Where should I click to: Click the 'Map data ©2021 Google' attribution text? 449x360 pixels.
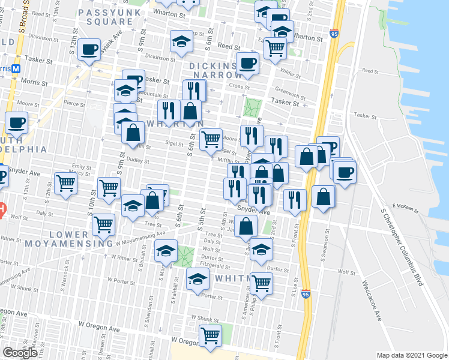click(411, 355)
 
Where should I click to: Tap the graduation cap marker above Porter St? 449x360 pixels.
click(197, 280)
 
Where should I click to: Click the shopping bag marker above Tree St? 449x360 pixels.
click(246, 226)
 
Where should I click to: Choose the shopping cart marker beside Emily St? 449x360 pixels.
click(65, 183)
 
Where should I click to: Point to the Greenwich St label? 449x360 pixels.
click(286, 92)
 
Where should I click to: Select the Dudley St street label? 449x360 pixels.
click(137, 161)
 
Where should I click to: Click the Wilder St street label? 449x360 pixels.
click(290, 74)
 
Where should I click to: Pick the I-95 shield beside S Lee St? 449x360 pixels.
click(307, 296)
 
